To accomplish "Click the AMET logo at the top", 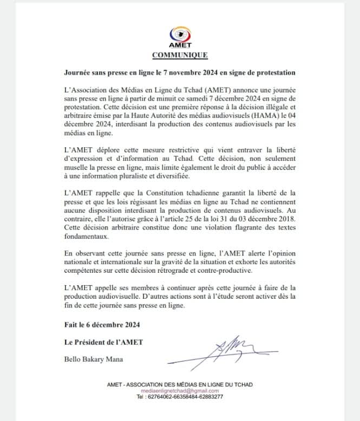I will pos(180,37).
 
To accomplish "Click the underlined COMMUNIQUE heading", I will pos(180,55).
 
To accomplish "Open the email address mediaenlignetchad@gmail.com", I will pos(180,391).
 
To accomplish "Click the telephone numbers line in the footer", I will pos(180,397).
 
